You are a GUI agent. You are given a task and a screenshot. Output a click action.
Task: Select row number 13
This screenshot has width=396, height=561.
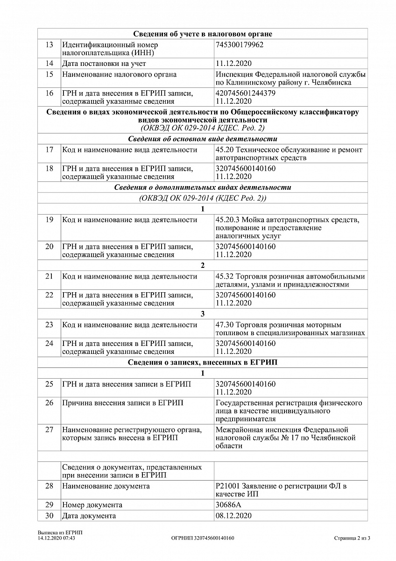(49, 45)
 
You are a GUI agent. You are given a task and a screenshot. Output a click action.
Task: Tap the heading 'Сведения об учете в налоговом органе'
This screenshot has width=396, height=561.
(203, 34)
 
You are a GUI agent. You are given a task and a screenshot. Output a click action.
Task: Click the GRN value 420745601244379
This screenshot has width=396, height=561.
(246, 93)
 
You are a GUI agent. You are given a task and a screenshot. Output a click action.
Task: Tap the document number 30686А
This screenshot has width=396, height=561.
(228, 505)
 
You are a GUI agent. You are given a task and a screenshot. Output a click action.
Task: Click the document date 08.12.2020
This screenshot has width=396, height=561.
(233, 516)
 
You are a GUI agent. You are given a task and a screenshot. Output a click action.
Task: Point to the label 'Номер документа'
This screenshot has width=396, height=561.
(92, 505)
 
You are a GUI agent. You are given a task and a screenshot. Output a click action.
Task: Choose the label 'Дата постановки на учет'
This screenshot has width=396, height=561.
(104, 63)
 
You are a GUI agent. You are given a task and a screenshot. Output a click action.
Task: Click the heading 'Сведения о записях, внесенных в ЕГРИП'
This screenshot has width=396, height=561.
(203, 362)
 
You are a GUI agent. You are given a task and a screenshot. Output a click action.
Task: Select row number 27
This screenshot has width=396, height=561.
(49, 430)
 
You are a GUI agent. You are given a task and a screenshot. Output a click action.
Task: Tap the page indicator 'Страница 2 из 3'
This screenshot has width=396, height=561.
(352, 538)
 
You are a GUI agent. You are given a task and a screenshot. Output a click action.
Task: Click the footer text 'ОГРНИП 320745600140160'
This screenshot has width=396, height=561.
(203, 538)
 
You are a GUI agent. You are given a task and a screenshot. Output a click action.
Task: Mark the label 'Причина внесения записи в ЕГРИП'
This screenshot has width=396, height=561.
(123, 403)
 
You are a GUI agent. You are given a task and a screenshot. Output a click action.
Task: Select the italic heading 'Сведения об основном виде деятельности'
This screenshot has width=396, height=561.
(203, 139)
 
